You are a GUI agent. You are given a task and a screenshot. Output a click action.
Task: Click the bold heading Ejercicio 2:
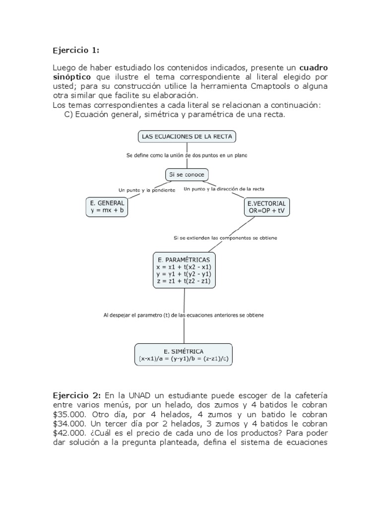click(x=77, y=395)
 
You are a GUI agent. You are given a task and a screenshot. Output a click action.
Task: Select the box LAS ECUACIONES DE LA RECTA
click(x=187, y=136)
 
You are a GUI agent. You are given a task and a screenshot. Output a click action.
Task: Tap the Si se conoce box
click(x=187, y=175)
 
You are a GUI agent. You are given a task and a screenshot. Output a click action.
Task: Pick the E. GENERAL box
click(x=108, y=207)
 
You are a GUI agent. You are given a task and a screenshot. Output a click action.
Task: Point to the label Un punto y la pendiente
click(x=146, y=190)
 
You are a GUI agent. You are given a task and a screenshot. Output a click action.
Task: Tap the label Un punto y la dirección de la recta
click(x=224, y=189)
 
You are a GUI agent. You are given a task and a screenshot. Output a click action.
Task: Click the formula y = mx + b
click(x=108, y=211)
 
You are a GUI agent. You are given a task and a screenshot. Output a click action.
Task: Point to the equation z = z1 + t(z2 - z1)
click(x=184, y=281)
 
